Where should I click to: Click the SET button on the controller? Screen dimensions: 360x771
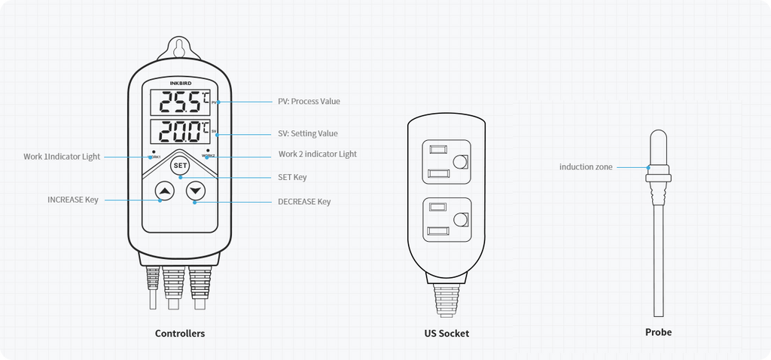(x=179, y=166)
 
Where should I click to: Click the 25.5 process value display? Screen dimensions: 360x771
(x=180, y=101)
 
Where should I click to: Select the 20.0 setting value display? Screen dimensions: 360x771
(x=180, y=133)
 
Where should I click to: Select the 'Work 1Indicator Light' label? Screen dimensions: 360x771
(x=62, y=157)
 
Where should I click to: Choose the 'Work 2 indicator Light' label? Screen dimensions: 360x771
(x=317, y=154)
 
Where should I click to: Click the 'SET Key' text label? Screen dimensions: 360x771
(x=292, y=177)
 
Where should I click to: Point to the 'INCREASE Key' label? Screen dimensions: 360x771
(x=73, y=200)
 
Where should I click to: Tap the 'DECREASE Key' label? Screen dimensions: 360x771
(x=304, y=201)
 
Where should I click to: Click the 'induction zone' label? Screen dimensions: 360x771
(x=586, y=166)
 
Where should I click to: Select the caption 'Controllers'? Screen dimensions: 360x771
(x=180, y=333)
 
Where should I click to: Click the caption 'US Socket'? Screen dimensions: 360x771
(x=446, y=333)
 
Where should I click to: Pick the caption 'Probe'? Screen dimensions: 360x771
(x=658, y=331)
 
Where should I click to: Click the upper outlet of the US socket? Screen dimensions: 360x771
(x=446, y=162)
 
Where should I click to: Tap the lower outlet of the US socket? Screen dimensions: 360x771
(x=446, y=219)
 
